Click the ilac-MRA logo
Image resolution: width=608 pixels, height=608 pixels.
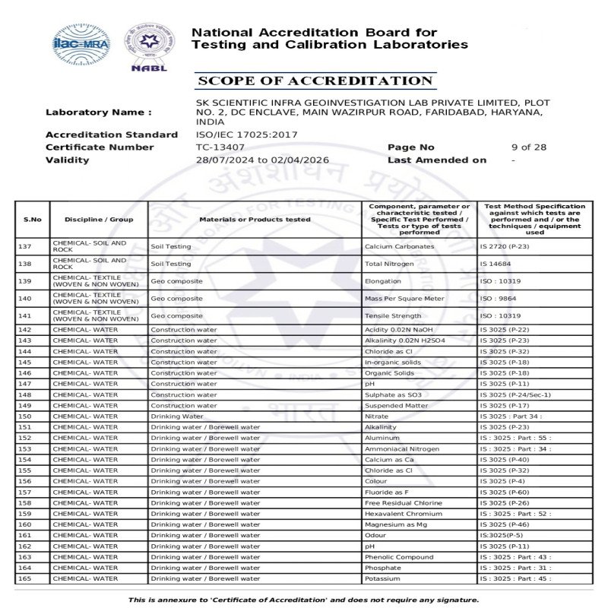81,43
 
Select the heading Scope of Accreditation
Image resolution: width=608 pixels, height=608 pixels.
314,81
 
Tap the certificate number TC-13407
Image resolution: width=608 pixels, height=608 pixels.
220,147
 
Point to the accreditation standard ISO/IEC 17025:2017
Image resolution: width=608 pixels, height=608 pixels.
247,135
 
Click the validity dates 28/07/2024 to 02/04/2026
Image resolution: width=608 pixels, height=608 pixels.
262,160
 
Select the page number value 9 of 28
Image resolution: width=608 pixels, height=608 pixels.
529,147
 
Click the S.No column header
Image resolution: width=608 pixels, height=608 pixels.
33,220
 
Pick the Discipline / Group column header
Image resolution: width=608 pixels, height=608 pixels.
99,220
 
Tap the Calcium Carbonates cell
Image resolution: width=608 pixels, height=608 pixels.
399,246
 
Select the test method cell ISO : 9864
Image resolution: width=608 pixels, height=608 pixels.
498,299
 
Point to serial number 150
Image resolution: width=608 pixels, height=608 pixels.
25,416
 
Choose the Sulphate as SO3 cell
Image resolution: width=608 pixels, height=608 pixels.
393,395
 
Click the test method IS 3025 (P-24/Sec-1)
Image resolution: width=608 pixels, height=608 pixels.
515,395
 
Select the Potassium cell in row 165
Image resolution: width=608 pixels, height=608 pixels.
382,579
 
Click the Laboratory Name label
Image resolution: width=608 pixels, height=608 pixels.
99,112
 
